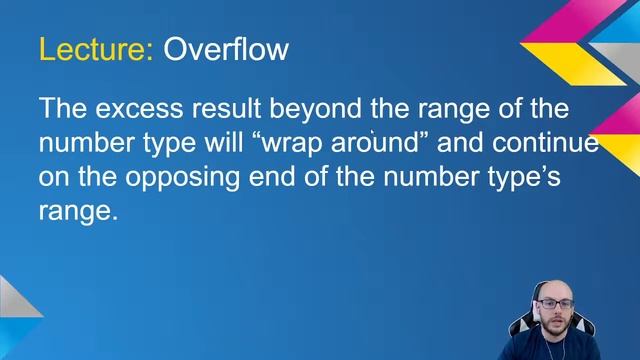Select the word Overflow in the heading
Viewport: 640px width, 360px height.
point(226,48)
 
